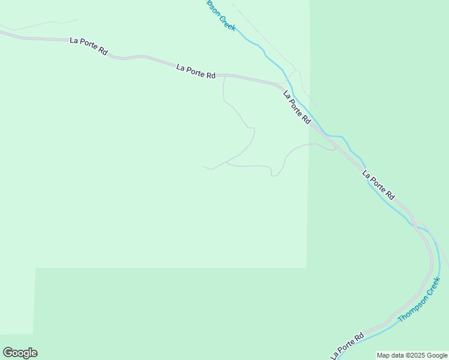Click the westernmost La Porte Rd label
[x=88, y=47]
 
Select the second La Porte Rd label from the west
[x=196, y=71]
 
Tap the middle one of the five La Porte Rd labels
[x=297, y=107]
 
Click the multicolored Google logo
[x=20, y=353]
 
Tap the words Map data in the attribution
[x=390, y=355]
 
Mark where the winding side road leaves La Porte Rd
[x=224, y=76]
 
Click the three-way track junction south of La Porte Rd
[x=226, y=162]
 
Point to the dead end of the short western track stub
[x=203, y=166]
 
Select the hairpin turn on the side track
[x=275, y=175]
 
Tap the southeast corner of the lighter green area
[x=307, y=267]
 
